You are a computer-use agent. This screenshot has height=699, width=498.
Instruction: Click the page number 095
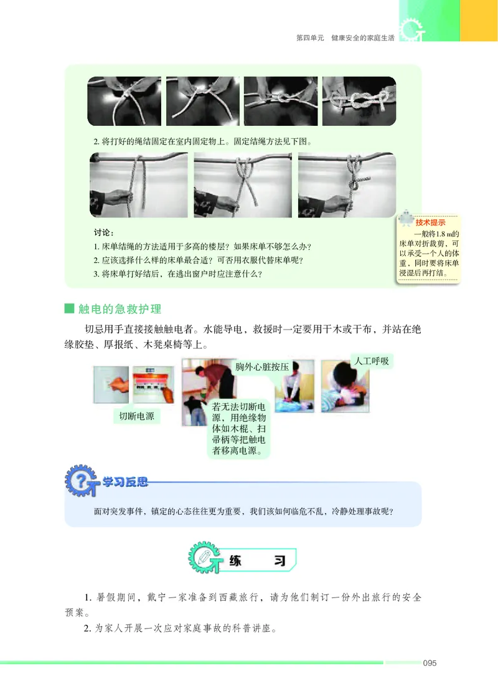click(429, 662)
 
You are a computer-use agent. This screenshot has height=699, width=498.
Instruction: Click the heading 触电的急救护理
click(120, 308)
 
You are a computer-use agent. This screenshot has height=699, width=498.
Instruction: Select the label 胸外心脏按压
click(261, 367)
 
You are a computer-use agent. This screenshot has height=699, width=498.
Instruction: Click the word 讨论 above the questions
click(103, 232)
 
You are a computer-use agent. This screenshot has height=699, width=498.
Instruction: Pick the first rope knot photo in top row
click(124, 101)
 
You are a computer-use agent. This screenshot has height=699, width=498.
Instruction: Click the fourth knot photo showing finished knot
click(359, 101)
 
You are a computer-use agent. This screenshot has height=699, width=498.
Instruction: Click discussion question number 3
click(177, 272)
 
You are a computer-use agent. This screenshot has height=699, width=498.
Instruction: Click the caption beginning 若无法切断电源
click(239, 429)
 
